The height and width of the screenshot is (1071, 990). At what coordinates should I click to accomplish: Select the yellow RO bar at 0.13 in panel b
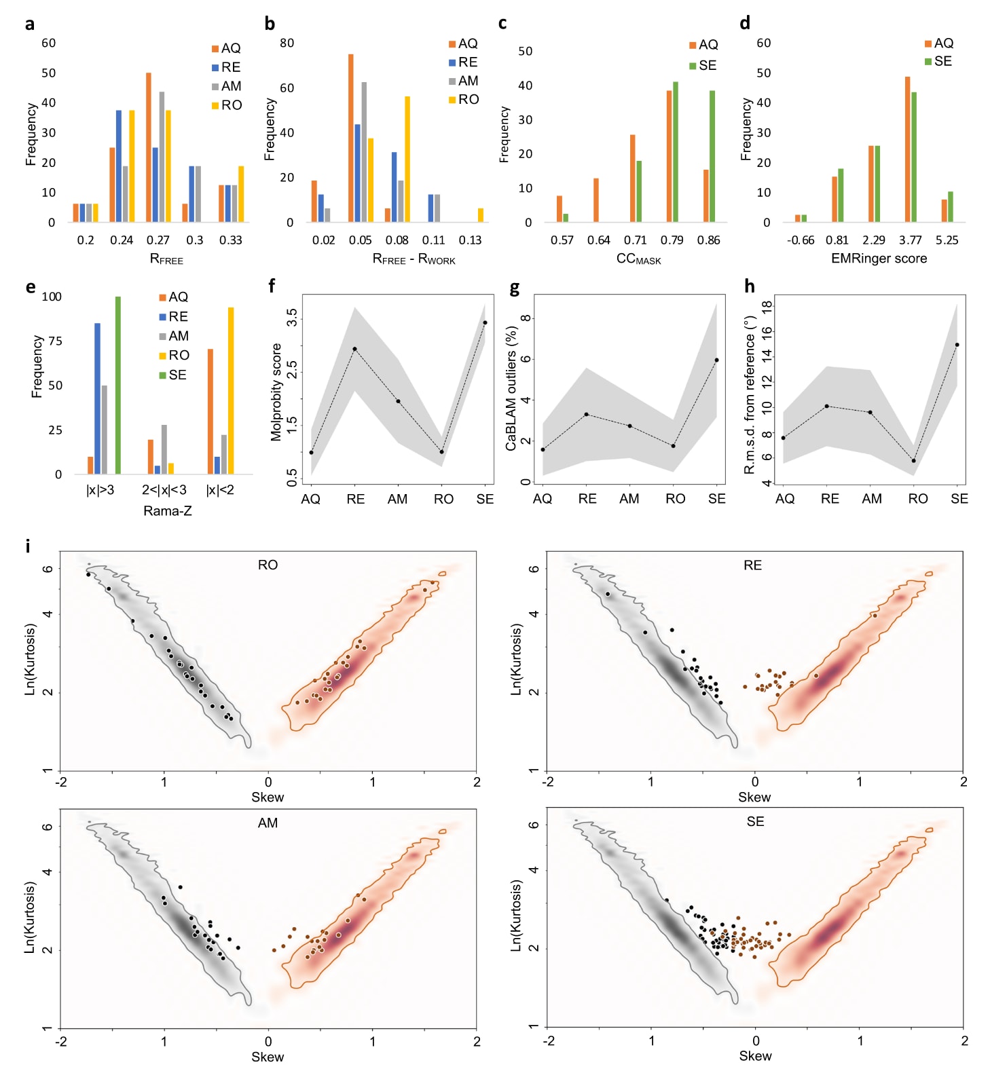[481, 215]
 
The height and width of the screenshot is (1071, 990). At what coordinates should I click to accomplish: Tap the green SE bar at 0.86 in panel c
[712, 156]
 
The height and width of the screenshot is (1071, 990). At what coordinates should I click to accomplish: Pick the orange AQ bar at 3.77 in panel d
[908, 149]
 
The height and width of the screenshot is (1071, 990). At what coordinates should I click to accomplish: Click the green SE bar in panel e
[117, 385]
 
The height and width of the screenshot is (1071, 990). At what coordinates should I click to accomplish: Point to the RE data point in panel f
[354, 349]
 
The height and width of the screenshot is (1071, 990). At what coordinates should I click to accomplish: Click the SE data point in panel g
[717, 360]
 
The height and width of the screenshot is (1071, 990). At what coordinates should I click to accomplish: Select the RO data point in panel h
[914, 461]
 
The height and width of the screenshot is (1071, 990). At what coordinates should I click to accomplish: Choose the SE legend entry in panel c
[703, 65]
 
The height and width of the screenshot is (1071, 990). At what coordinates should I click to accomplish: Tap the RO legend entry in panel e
[175, 355]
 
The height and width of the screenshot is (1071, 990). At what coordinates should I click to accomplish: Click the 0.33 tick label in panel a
[231, 240]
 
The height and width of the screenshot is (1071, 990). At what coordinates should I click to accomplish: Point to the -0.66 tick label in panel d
[801, 240]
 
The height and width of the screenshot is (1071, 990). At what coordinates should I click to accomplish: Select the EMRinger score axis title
[879, 259]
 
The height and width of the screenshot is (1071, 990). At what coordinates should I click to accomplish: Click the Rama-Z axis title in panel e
[168, 510]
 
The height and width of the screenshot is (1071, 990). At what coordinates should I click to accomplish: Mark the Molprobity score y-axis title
[276, 392]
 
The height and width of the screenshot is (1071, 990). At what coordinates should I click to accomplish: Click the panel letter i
[28, 546]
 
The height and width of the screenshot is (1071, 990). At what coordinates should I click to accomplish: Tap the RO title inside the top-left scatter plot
[268, 565]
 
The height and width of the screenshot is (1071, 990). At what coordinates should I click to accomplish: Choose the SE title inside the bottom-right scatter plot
[755, 821]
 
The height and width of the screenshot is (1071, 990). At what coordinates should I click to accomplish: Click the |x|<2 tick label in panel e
[220, 490]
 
